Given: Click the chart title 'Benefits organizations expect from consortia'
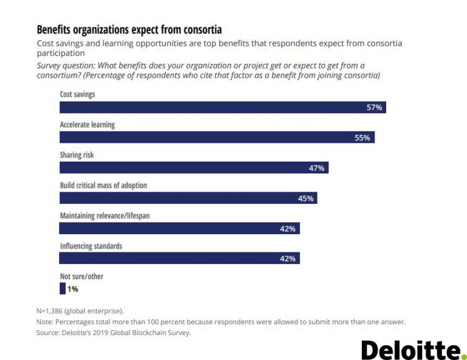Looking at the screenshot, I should click(x=129, y=29).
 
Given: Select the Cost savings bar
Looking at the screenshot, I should click(x=223, y=108).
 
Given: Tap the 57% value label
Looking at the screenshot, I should click(x=374, y=108).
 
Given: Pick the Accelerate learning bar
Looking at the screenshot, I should click(x=216, y=137).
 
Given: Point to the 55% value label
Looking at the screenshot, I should click(x=362, y=137).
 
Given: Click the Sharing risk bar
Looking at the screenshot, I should click(x=193, y=168).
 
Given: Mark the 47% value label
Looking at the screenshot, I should click(x=317, y=168).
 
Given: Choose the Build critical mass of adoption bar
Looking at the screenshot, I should click(x=188, y=198).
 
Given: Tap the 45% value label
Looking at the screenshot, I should click(x=305, y=198).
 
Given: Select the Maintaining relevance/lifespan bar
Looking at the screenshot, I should click(x=179, y=229).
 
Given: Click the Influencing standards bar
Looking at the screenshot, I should click(x=179, y=258).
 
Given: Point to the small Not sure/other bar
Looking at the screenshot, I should click(x=62, y=289).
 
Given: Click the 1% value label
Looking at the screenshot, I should click(x=73, y=289).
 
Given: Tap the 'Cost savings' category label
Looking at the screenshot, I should click(x=77, y=95).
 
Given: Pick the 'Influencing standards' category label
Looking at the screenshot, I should click(x=91, y=246).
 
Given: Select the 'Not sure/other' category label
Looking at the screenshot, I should click(x=81, y=277).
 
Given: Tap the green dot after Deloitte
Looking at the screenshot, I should click(x=463, y=356).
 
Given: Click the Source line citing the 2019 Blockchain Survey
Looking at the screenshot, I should click(x=114, y=333).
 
